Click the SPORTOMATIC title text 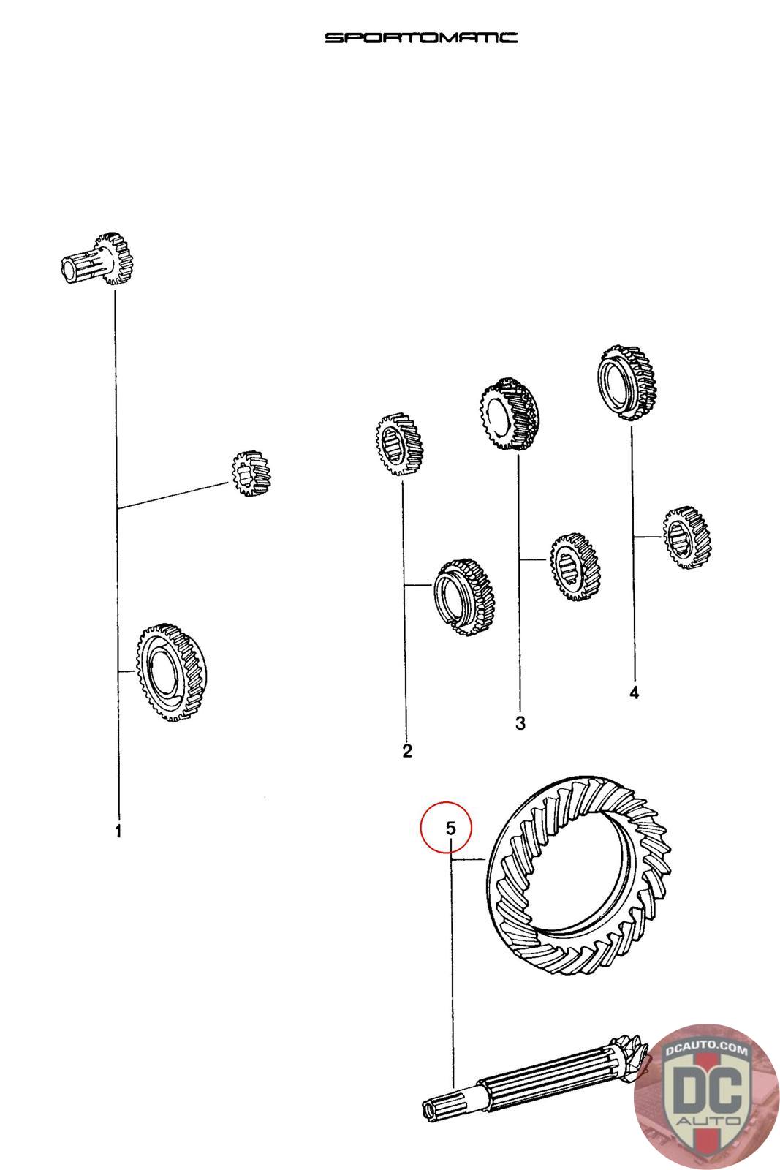pyautogui.click(x=421, y=37)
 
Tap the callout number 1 pyautogui.click(x=118, y=831)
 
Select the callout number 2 pyautogui.click(x=407, y=750)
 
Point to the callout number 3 pyautogui.click(x=520, y=723)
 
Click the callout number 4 pyautogui.click(x=634, y=693)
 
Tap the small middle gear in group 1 pyautogui.click(x=251, y=472)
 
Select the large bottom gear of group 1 pyautogui.click(x=172, y=672)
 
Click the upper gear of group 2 pyautogui.click(x=399, y=445)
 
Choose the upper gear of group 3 pyautogui.click(x=509, y=414)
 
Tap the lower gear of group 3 pyautogui.click(x=574, y=567)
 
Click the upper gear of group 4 pyautogui.click(x=626, y=383)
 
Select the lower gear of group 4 pyautogui.click(x=688, y=537)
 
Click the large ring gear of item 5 pyautogui.click(x=578, y=877)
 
